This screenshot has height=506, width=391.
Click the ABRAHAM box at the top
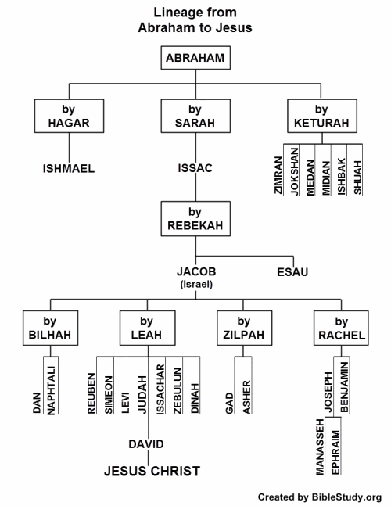tap(195, 59)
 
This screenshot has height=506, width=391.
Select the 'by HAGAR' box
tap(69, 115)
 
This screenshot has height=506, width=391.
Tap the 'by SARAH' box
tap(195, 115)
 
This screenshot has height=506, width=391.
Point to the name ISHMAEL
tap(69, 168)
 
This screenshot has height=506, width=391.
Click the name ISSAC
tap(195, 168)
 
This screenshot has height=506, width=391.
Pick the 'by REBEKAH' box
tap(195, 218)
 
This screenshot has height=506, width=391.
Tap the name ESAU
tap(292, 272)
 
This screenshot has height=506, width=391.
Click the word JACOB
tap(195, 271)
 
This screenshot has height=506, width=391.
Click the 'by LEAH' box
tap(147, 328)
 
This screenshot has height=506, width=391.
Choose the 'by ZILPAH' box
tap(243, 328)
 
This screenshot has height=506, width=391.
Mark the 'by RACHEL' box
tap(340, 328)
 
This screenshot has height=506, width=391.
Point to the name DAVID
tap(146, 444)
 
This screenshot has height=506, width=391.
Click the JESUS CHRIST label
tap(152, 471)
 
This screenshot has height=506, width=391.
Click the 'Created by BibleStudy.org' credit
tap(320, 496)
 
